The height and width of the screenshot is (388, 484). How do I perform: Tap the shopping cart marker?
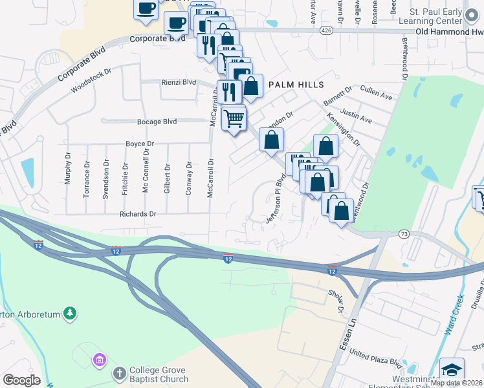point(234,118)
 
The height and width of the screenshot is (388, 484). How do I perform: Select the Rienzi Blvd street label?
point(178,82)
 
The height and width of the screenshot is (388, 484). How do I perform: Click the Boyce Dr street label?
point(140,144)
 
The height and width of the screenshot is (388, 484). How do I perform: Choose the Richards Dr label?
point(138,213)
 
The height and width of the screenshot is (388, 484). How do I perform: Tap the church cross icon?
point(119,373)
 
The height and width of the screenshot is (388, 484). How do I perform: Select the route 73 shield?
point(404,233)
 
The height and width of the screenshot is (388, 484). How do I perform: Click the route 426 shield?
point(326,30)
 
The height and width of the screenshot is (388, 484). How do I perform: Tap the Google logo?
point(21,380)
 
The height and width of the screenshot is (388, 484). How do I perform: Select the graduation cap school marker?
point(452,370)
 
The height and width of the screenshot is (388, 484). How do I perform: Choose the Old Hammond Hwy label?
point(449,31)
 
